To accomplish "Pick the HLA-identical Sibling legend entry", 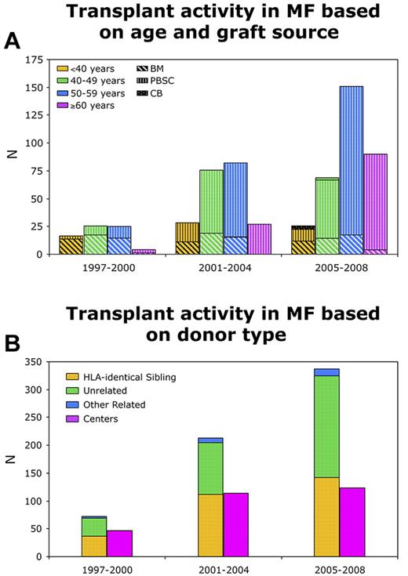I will (115, 377).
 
